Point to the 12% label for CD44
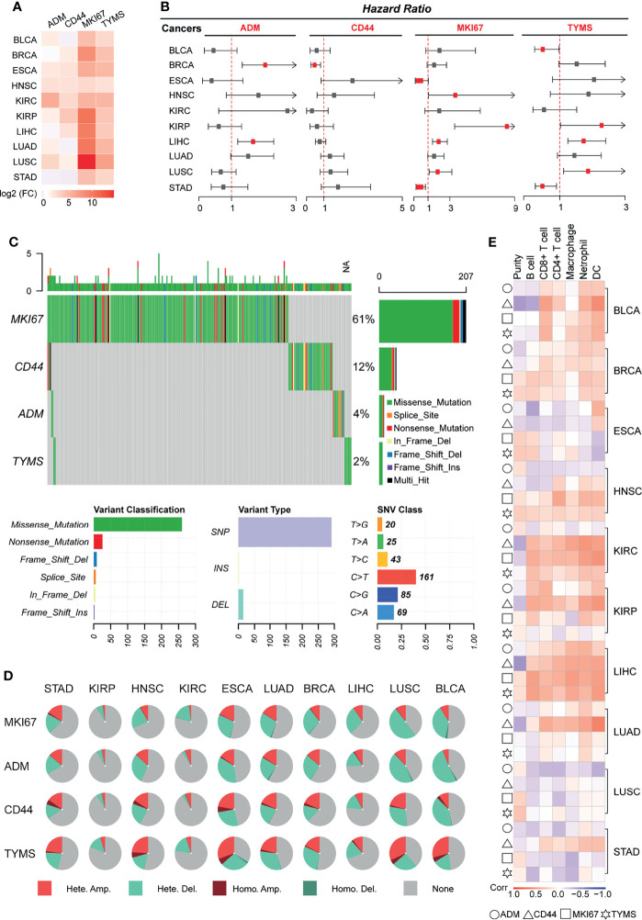click(364, 365)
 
